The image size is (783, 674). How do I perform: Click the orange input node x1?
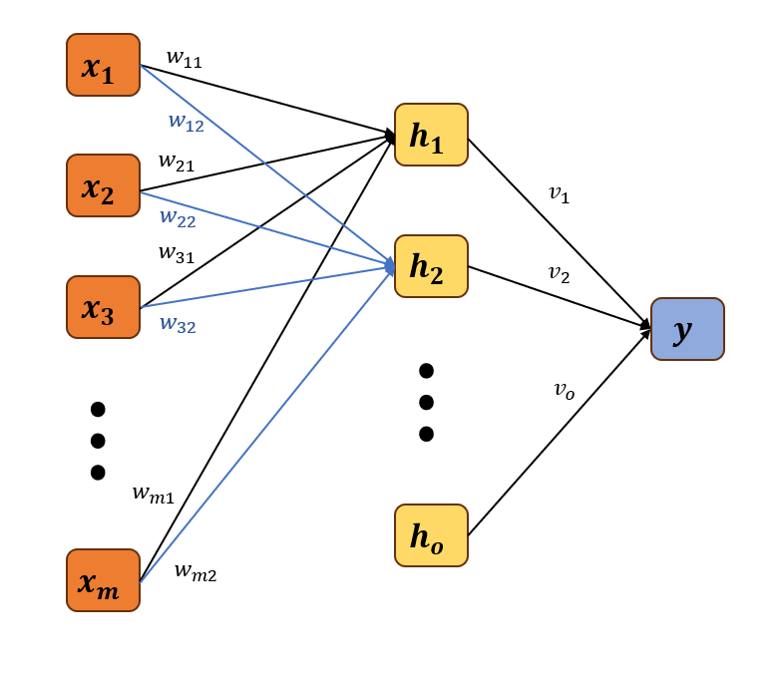(103, 65)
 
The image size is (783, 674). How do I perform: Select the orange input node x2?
(103, 185)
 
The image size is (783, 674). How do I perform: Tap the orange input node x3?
(103, 307)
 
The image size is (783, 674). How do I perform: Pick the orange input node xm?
(103, 580)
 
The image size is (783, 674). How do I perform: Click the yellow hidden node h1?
(431, 135)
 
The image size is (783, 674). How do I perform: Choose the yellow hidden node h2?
(431, 266)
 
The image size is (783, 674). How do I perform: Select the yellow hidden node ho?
(431, 535)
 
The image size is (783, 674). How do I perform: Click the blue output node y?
(687, 329)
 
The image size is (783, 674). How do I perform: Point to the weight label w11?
(184, 58)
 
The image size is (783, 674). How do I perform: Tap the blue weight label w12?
(186, 122)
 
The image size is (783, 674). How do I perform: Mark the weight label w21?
(177, 162)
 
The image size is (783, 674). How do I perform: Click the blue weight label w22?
(178, 216)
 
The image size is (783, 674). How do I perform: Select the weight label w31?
(177, 253)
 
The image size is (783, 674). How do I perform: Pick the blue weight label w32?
(178, 324)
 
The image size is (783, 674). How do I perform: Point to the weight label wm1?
(153, 493)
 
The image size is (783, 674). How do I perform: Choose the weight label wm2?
(195, 571)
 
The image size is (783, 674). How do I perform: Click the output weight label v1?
(559, 193)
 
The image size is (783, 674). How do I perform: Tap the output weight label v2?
(559, 272)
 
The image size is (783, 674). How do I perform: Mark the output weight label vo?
(564, 390)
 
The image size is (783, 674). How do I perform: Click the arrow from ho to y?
(559, 435)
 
